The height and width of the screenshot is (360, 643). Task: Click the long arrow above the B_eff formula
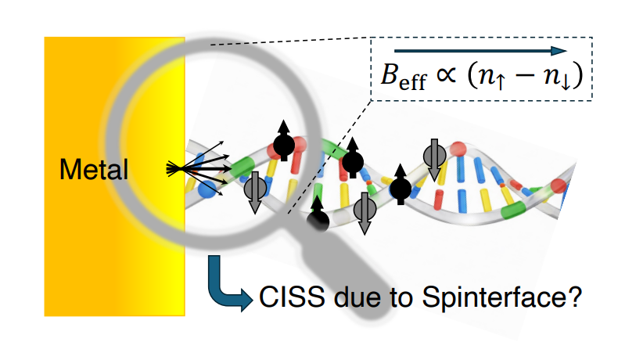pos(480,52)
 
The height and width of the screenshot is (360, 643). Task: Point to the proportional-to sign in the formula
pos(451,79)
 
